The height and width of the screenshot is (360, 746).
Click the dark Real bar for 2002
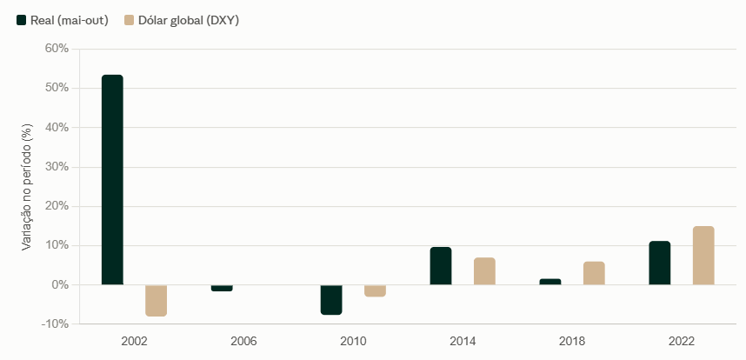(x=112, y=180)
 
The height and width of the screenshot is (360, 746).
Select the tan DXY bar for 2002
(x=156, y=301)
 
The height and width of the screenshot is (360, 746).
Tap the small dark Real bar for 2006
(x=222, y=288)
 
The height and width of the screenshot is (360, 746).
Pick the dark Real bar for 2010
(x=331, y=300)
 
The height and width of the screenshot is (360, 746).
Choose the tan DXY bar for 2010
(x=375, y=291)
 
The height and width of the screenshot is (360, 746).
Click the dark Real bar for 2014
(x=441, y=266)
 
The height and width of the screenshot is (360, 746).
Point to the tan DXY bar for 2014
(x=484, y=271)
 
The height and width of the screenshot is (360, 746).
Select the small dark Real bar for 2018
(x=550, y=282)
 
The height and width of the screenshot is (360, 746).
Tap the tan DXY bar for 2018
(x=594, y=273)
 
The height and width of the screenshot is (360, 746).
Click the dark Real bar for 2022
(x=659, y=263)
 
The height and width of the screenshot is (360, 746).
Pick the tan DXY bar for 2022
(x=703, y=256)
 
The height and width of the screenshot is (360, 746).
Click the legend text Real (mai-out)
(x=70, y=21)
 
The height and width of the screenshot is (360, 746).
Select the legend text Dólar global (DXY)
(x=189, y=21)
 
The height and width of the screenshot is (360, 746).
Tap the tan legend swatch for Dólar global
(x=129, y=20)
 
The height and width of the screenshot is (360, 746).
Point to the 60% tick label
(x=58, y=49)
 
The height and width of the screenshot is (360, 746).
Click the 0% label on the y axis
(x=61, y=285)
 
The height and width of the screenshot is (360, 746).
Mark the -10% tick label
(x=57, y=324)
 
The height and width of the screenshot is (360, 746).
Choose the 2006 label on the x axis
(x=243, y=342)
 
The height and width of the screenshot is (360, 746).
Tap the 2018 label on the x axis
(x=572, y=342)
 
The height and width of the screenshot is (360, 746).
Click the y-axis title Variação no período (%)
(x=28, y=187)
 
